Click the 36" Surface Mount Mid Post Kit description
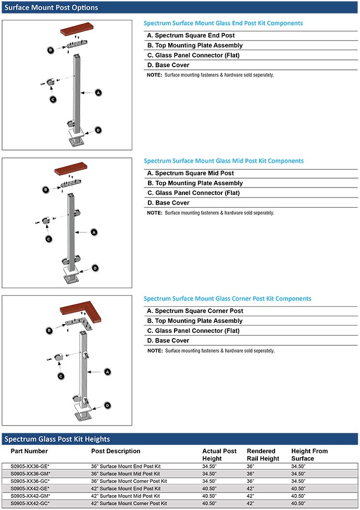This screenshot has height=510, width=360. tap(125, 474)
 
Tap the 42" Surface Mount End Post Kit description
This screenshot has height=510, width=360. tap(125, 489)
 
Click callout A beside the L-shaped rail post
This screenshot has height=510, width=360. tap(107, 372)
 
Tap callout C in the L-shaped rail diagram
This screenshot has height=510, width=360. tap(60, 376)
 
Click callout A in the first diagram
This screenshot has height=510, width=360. tap(97, 92)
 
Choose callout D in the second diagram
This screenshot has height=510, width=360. tap(94, 268)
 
